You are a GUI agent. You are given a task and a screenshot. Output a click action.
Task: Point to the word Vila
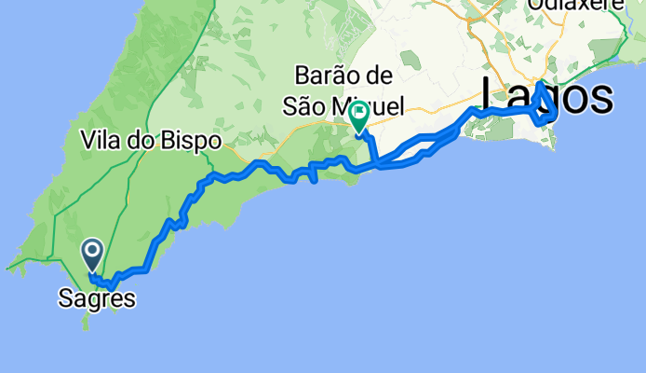click(101, 142)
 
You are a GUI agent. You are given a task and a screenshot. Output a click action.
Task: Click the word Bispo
click(194, 142)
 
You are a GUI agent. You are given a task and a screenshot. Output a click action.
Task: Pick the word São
click(312, 107)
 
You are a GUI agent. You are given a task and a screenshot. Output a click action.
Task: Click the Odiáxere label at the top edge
click(572, 5)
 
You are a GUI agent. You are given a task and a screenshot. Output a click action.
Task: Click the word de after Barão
click(380, 76)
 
